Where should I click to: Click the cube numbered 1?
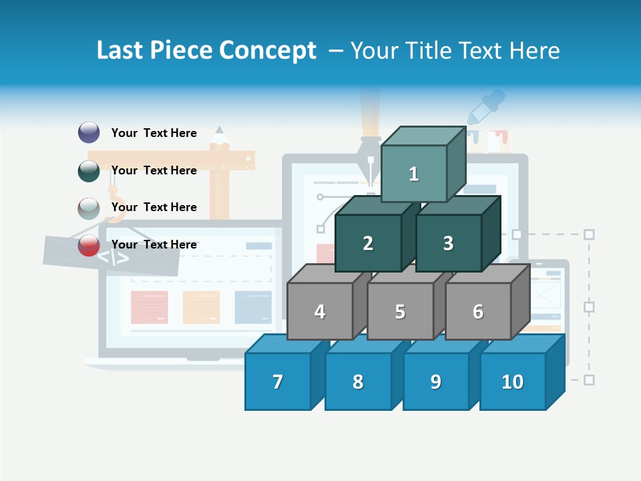(413, 174)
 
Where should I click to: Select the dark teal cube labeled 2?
(368, 243)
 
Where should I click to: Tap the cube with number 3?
(448, 243)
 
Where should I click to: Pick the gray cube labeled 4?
(320, 311)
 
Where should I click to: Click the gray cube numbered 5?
(400, 311)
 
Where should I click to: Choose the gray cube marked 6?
(477, 311)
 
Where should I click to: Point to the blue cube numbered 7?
(278, 381)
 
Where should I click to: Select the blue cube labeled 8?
(358, 381)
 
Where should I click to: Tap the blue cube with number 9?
(435, 381)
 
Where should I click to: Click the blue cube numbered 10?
(512, 381)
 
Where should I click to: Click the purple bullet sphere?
(89, 132)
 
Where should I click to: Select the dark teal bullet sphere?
(89, 170)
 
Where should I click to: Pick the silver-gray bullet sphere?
(89, 208)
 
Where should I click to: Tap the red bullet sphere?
(89, 245)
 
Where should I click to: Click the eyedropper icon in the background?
(485, 107)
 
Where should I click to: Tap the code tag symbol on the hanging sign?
(114, 257)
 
